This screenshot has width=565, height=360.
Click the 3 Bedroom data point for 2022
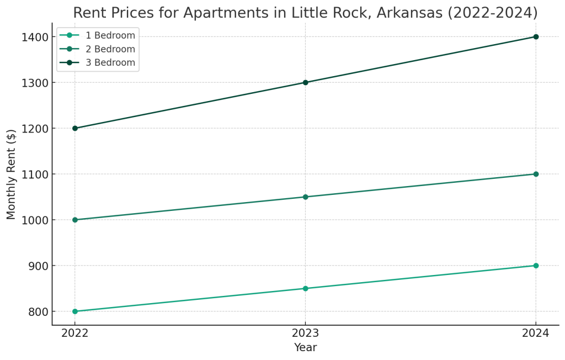[x=75, y=128]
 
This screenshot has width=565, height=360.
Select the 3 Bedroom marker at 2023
[x=305, y=82]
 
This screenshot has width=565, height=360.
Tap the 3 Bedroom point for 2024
[x=536, y=36]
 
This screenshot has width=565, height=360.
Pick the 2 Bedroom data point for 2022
[x=75, y=220]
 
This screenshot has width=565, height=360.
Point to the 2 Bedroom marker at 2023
[x=305, y=197]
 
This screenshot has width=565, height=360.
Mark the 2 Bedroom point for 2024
[x=536, y=174]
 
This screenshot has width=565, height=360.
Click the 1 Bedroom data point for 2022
[x=75, y=311]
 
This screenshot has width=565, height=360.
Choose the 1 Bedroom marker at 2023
[x=305, y=288]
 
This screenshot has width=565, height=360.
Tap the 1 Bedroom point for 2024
[x=536, y=266]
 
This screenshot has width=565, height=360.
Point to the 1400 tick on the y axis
[x=34, y=37]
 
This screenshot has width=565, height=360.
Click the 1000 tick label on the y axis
[x=34, y=220]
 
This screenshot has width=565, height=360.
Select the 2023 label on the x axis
[x=305, y=333]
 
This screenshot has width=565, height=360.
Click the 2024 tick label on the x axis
[x=536, y=333]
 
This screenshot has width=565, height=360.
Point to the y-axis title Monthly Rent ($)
[x=12, y=174]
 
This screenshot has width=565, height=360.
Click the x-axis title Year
[x=305, y=348]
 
